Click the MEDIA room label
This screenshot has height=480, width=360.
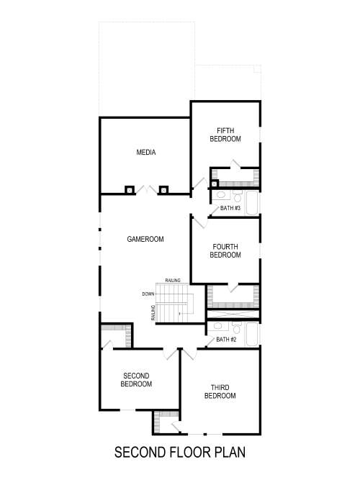coord(146,153)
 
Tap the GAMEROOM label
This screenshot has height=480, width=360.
coord(146,239)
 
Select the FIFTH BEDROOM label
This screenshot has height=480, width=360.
coord(225,135)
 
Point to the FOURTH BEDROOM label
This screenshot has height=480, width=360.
coord(225,250)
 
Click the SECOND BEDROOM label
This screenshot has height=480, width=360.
coord(136,379)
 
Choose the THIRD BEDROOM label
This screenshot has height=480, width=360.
coord(220,391)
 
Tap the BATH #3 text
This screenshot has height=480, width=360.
coord(231,209)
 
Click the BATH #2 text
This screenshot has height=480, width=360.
coord(226,340)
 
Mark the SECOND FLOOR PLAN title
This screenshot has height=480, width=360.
coord(180,453)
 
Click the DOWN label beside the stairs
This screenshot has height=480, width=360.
coord(148,294)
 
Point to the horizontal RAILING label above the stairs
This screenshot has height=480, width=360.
coord(172,280)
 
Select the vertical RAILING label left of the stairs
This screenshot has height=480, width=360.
coord(153,313)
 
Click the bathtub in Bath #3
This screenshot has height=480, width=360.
coord(252,203)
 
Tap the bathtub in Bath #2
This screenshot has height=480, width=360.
coord(252,335)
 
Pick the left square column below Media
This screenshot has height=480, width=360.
coord(130,190)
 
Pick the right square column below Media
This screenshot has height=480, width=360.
coord(163,190)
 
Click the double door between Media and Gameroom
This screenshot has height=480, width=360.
coord(146,190)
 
